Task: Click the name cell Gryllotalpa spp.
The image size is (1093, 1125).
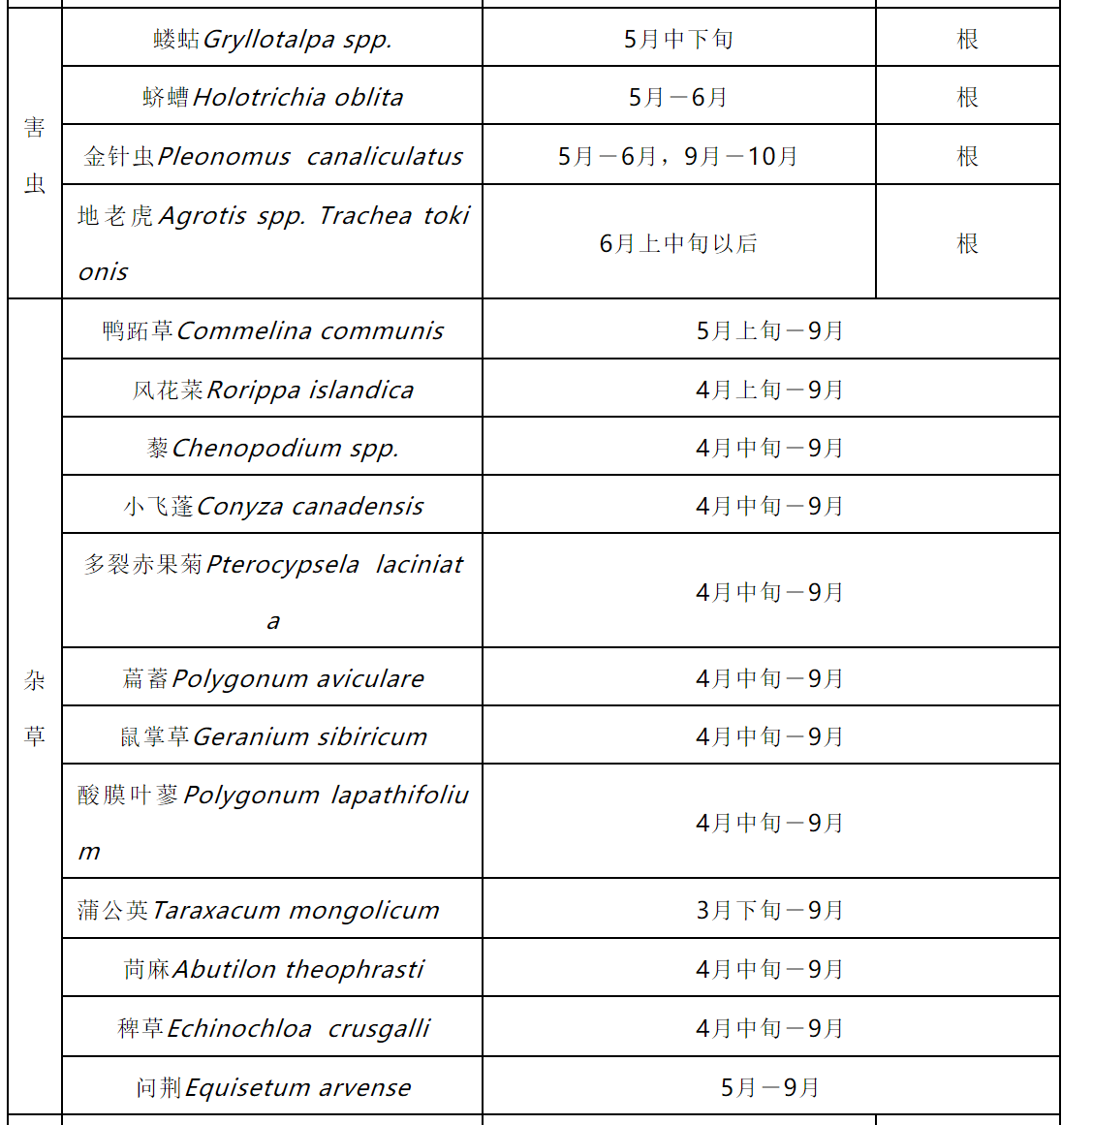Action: (272, 39)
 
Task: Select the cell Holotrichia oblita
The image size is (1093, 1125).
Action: (272, 97)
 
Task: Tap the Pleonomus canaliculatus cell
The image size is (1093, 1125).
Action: (272, 156)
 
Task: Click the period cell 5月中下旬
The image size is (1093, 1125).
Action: (678, 39)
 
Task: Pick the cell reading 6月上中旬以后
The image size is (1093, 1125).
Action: (678, 243)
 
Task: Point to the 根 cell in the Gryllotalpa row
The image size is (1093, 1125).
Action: (967, 39)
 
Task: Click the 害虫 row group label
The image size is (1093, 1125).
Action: (35, 155)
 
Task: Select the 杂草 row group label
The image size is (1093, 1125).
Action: (35, 707)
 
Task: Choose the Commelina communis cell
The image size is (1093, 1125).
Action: (272, 330)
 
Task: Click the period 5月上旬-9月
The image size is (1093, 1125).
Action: (770, 330)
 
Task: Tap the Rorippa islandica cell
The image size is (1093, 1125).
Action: (272, 390)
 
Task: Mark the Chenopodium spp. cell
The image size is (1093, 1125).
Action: (272, 448)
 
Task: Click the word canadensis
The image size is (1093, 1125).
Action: (358, 507)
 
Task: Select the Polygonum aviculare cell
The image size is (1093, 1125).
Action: (272, 678)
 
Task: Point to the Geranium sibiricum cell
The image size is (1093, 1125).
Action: (272, 736)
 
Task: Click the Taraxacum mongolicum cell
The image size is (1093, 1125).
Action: (272, 910)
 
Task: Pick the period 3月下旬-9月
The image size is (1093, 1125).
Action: (770, 910)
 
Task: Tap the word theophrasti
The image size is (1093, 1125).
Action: (355, 969)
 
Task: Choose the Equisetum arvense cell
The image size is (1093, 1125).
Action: (272, 1087)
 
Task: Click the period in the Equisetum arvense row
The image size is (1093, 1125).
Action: (770, 1087)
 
